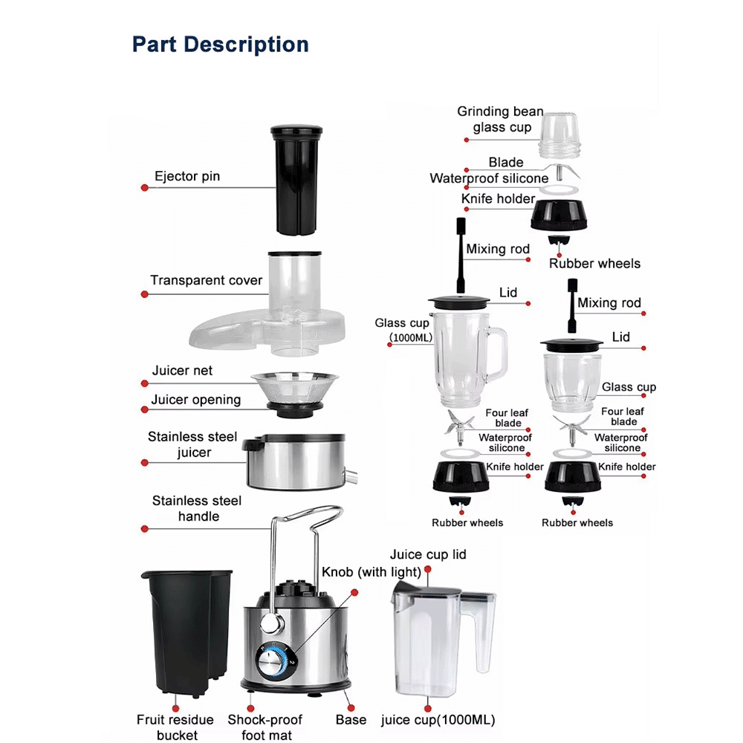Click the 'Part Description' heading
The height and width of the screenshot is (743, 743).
click(221, 45)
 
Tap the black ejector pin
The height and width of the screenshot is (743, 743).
click(296, 180)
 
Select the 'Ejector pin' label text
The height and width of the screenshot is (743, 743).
click(187, 176)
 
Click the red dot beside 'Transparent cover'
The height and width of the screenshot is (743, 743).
click(145, 294)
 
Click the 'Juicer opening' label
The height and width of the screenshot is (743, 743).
click(195, 400)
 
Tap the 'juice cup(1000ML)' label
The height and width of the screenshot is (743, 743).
click(438, 720)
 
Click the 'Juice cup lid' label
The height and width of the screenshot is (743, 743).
click(428, 554)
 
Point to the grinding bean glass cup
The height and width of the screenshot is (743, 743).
click(559, 136)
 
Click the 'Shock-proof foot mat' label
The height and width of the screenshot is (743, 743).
click(265, 727)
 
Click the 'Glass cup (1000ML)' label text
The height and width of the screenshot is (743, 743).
click(403, 330)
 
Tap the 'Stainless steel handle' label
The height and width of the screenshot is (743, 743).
click(197, 508)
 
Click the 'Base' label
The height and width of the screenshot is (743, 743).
click(351, 720)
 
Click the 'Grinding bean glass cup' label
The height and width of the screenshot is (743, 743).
click(500, 120)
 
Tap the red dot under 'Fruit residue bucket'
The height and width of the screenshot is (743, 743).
click(176, 708)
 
